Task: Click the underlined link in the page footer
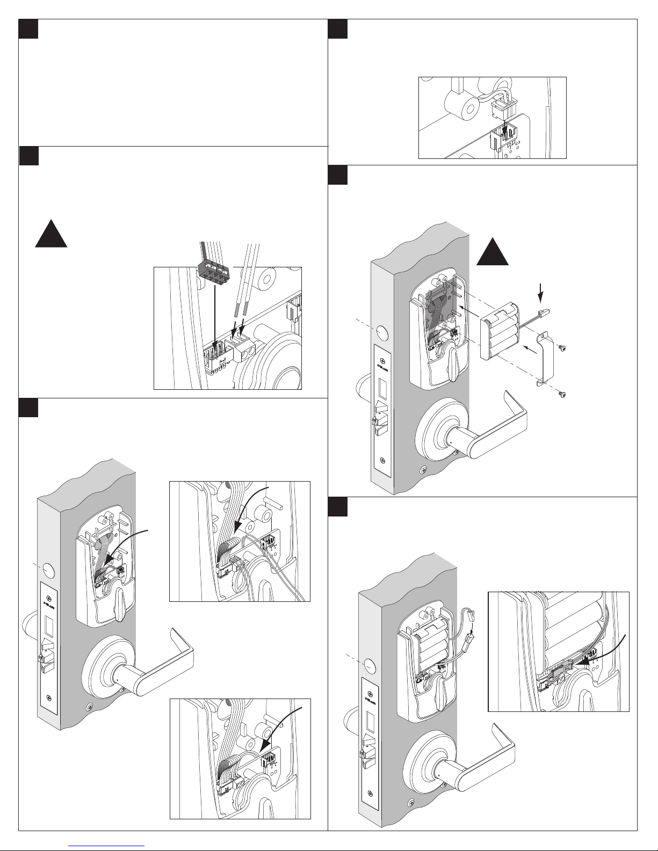(x=107, y=845)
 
